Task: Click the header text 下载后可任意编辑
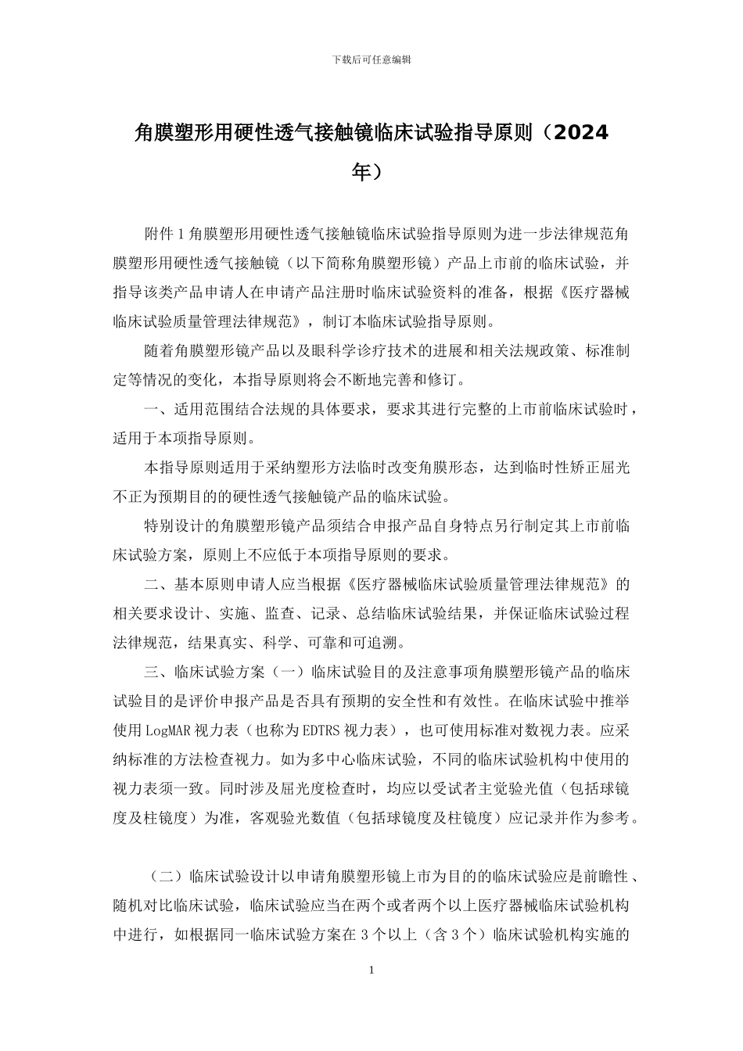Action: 371,59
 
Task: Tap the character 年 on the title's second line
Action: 361,170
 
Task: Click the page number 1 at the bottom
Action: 371,970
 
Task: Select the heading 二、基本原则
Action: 187,584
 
